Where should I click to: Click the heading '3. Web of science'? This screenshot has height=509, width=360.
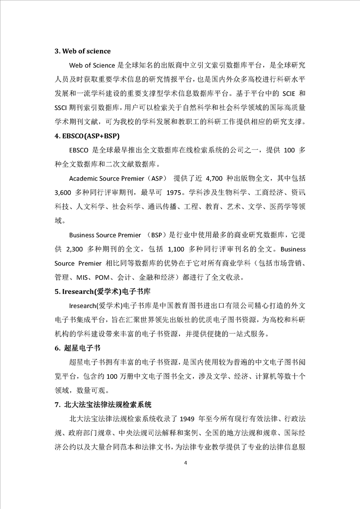pos(82,51)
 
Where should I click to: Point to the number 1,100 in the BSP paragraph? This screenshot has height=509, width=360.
pos(177,250)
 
